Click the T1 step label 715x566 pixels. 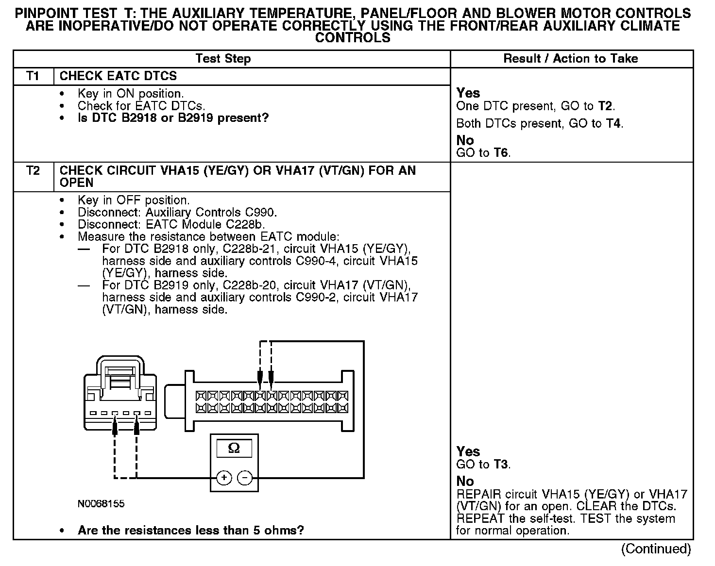click(x=33, y=76)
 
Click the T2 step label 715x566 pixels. click(x=33, y=171)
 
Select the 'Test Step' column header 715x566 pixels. click(x=223, y=59)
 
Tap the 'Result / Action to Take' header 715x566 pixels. click(x=570, y=59)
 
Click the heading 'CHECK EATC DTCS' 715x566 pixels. click(x=118, y=76)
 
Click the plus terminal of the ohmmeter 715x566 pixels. click(x=224, y=478)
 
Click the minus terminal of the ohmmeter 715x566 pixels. click(x=244, y=478)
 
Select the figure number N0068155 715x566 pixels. click(x=101, y=504)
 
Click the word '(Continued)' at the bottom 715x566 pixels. click(x=656, y=549)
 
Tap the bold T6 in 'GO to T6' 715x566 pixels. click(x=500, y=153)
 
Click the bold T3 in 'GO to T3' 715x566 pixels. click(x=500, y=465)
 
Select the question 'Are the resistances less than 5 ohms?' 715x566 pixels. click(x=190, y=530)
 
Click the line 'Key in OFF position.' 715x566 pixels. click(x=134, y=200)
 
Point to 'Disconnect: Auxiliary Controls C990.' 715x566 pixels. click(x=177, y=212)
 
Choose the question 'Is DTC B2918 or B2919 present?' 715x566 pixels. click(x=173, y=118)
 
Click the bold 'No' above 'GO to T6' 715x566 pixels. click(x=465, y=140)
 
